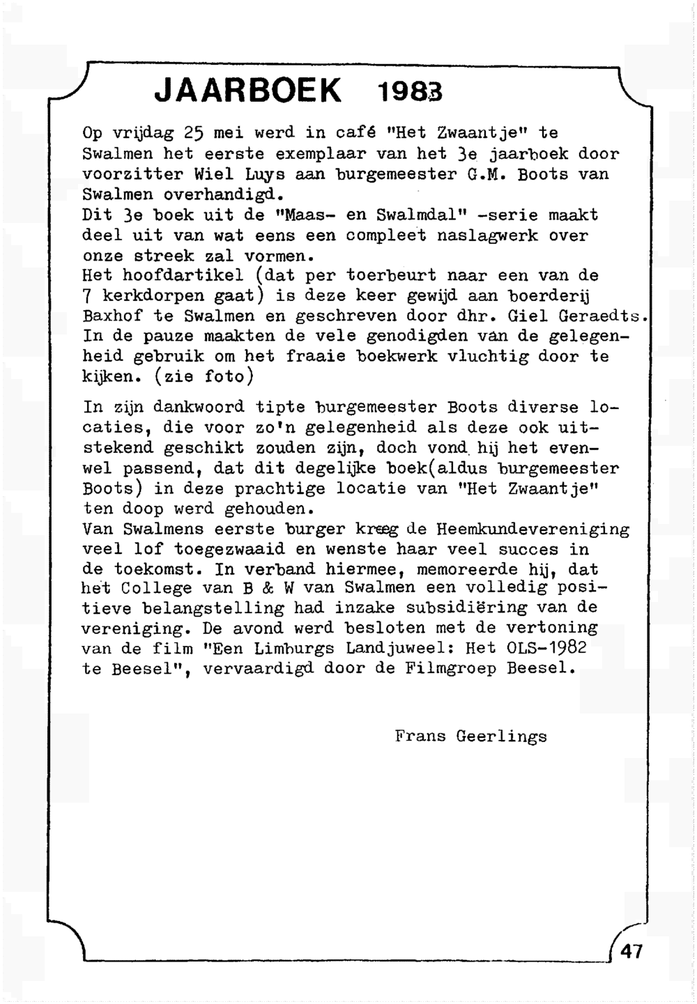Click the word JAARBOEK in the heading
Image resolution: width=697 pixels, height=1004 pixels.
tap(248, 91)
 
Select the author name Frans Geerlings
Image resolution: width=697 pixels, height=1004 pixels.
tap(470, 736)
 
